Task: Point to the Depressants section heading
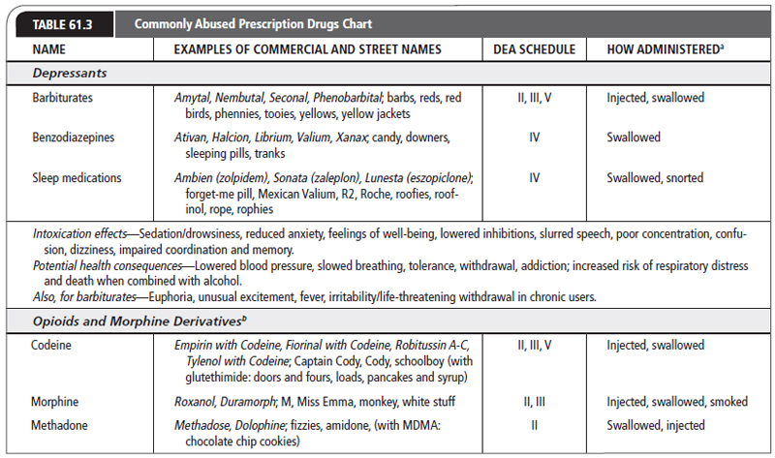point(70,73)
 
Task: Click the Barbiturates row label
point(65,98)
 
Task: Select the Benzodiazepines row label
point(75,137)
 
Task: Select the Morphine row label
point(58,400)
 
